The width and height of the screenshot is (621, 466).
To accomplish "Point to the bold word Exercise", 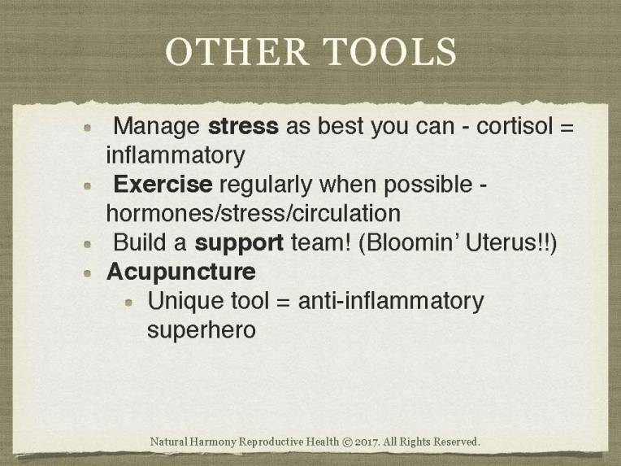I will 163,185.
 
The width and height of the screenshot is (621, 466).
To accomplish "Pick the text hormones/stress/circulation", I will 253,213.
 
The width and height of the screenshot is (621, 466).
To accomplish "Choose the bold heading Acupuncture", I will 181,271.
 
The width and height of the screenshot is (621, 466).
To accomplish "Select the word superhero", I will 202,330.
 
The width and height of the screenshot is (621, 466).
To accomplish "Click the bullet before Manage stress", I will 89,128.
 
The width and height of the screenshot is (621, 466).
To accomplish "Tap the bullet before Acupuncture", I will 89,272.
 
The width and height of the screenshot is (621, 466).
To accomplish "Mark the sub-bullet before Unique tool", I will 130,303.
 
